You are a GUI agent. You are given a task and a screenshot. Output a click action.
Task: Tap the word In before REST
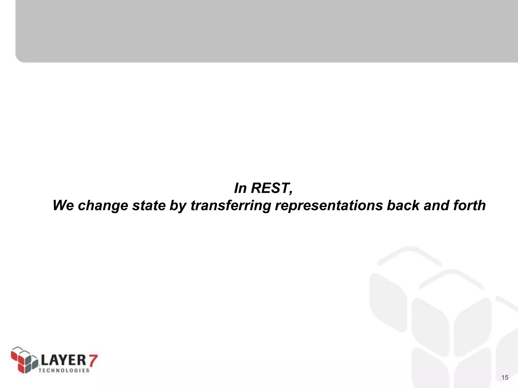tap(240, 188)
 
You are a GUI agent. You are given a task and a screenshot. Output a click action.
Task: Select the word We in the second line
tap(63, 205)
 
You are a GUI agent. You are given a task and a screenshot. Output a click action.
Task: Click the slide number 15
tap(505, 378)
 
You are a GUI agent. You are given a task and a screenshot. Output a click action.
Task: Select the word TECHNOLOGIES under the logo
tap(64, 370)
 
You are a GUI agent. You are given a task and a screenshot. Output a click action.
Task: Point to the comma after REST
tap(291, 192)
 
